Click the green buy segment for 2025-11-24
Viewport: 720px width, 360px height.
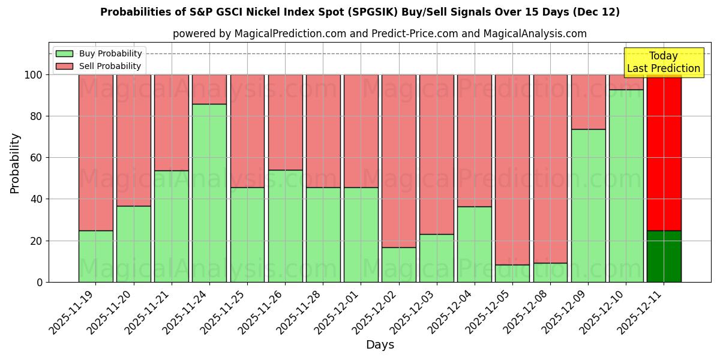click(209, 193)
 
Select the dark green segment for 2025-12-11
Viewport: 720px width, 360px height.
click(664, 256)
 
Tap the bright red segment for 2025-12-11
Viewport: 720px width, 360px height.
click(664, 152)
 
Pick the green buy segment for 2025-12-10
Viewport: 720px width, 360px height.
click(626, 185)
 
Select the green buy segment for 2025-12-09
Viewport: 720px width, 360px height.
click(588, 205)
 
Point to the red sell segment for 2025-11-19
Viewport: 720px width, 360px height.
click(95, 152)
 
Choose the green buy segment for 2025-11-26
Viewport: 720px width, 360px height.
click(285, 226)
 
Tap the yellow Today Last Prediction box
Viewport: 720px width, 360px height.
click(664, 62)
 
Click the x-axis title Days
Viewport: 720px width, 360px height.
click(380, 345)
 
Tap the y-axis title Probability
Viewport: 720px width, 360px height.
click(15, 163)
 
